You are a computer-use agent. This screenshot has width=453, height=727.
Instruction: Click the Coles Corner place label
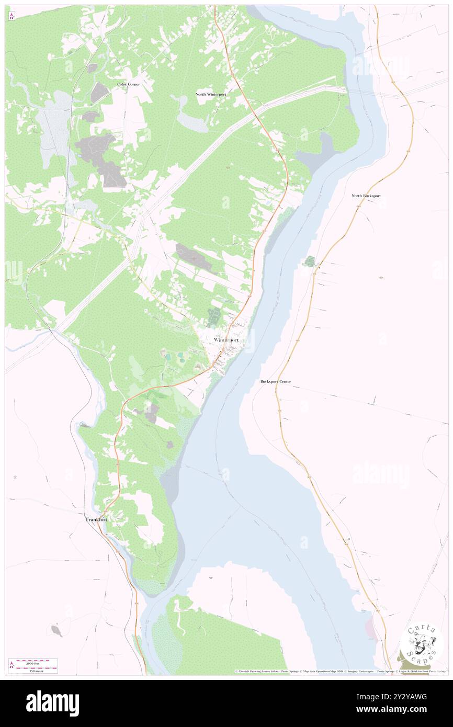pos(128,84)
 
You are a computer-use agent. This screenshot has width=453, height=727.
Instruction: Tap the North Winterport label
pos(211,94)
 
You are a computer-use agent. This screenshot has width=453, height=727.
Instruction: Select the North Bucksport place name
pos(366,196)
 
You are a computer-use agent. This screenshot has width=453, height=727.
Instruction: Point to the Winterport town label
pos(226,340)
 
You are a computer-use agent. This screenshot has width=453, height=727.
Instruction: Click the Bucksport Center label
pos(276,382)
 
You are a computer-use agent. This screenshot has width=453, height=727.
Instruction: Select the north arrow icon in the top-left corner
pos(12,17)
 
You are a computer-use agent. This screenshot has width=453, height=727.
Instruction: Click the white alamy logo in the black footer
pos(52,703)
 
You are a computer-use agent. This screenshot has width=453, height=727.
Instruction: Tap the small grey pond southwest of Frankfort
pos(57,631)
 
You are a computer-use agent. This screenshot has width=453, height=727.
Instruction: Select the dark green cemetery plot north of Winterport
pos(213,317)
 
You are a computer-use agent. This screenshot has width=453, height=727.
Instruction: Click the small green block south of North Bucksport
pos(310,260)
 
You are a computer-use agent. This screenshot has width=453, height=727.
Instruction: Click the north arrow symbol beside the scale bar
pos(12,665)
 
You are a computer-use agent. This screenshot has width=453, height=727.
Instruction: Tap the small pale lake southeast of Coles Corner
pos(189,121)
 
